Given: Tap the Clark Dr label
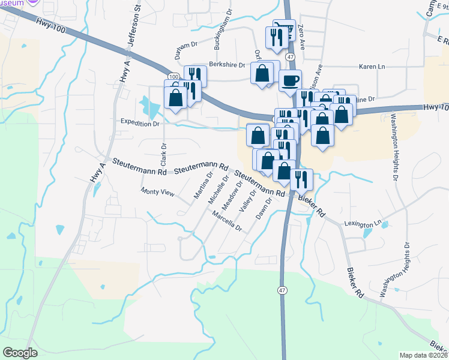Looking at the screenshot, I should [x=163, y=154].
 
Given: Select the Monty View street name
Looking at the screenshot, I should [x=157, y=193].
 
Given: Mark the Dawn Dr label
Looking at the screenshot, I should [x=265, y=209].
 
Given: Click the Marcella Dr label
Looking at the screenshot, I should [x=227, y=223].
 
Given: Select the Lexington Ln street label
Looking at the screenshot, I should [x=363, y=223].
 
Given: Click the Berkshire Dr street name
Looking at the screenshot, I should [x=227, y=65].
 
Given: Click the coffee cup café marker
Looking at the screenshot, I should [x=290, y=80].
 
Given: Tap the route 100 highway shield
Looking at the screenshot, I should [x=173, y=77].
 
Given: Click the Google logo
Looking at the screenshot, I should [x=20, y=353].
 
